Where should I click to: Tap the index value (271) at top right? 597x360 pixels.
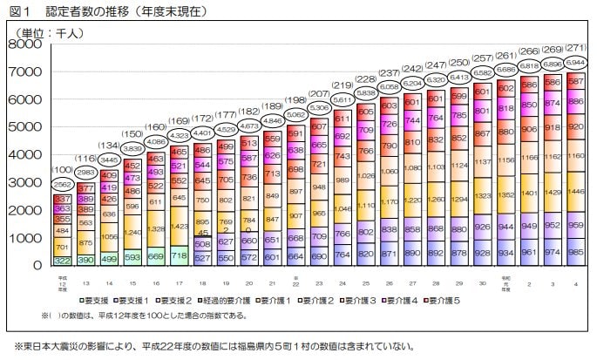(574, 24)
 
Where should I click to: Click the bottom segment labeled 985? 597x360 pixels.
(574, 252)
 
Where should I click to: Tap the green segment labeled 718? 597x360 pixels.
(180, 255)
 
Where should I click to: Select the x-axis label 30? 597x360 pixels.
(479, 284)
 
